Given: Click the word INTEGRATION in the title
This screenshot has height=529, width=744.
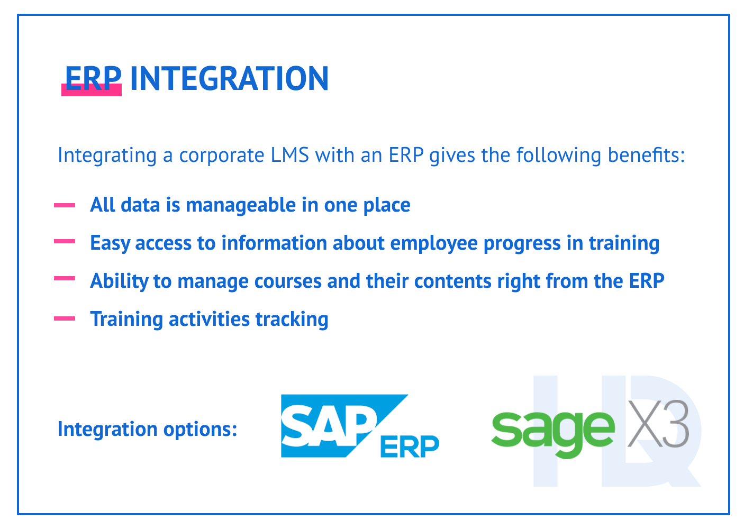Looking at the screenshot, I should click(x=229, y=79).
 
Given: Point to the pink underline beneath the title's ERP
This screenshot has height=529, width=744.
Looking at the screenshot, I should click(x=92, y=92).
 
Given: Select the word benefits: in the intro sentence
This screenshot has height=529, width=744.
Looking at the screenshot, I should click(x=646, y=156).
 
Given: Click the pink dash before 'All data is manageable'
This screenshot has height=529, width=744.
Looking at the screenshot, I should click(x=65, y=205).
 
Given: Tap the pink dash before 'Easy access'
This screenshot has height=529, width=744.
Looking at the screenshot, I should click(x=65, y=241).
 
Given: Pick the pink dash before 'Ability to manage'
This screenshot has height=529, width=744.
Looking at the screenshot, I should click(x=65, y=278).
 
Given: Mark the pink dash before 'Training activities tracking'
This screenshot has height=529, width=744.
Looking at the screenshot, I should click(x=65, y=318).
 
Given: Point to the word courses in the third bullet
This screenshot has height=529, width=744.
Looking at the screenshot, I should click(x=288, y=281).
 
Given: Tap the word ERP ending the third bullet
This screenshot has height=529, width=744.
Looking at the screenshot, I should click(x=646, y=281).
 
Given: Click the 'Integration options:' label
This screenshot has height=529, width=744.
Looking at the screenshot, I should click(x=147, y=429).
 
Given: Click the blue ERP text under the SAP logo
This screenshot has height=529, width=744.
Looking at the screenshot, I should click(x=409, y=446).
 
